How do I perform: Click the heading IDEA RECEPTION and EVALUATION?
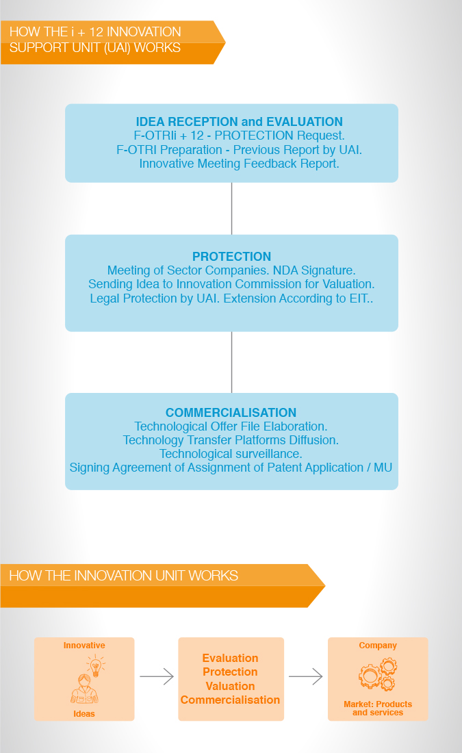tap(239, 121)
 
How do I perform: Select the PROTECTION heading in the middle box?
tap(231, 257)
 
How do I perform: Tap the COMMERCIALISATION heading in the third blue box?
tap(231, 413)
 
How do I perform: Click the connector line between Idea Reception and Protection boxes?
tap(231, 208)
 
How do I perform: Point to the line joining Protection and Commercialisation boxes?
tap(231, 362)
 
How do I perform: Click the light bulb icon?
tap(96, 665)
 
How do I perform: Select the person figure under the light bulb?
tap(84, 689)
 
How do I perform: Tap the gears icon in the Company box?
tap(378, 674)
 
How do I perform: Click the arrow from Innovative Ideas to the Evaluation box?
tap(157, 676)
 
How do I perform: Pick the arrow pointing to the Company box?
tap(305, 676)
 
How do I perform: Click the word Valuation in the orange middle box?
tap(230, 686)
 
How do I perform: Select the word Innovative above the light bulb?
tap(84, 646)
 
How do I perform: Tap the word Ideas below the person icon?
tap(84, 713)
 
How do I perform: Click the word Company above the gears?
tap(378, 646)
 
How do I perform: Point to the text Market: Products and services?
tap(378, 709)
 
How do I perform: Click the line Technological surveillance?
tap(231, 454)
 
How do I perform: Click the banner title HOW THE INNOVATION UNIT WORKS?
tap(123, 575)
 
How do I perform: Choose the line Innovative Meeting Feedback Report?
tap(239, 164)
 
